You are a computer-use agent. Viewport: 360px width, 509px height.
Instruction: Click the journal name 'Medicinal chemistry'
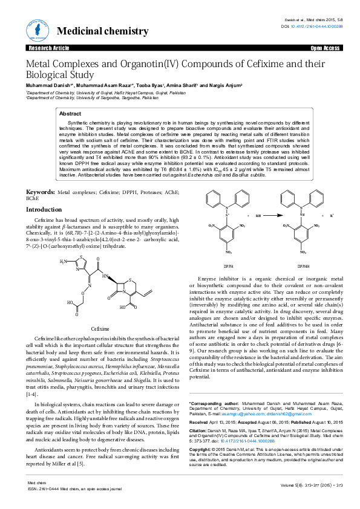point(102,31)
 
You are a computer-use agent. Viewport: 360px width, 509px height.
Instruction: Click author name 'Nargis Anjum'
point(224,86)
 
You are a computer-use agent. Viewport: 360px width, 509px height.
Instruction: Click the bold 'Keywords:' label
point(40,192)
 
